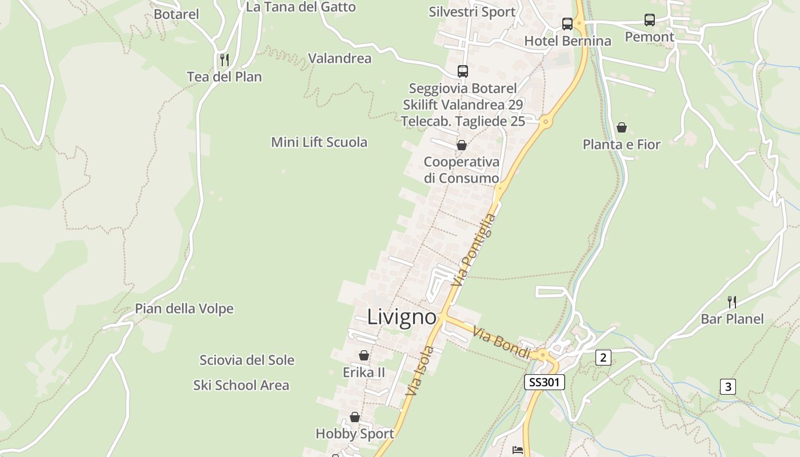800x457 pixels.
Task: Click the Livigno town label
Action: point(402,317)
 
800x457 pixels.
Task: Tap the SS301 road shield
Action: point(544,382)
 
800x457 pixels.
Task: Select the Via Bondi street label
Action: point(502,343)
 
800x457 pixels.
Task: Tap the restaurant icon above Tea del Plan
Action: point(225,59)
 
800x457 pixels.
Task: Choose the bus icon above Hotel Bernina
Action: point(567,24)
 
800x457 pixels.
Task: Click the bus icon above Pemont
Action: point(650,20)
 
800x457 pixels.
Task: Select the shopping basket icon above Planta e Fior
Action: point(622,127)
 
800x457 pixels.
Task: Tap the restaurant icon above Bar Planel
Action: point(731,302)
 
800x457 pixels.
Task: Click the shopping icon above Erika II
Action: point(363,356)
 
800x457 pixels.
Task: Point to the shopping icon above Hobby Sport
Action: point(355,417)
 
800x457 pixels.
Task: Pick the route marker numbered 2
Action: point(603,358)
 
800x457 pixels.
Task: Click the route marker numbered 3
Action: point(727,387)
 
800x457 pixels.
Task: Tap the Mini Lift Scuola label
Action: point(319,142)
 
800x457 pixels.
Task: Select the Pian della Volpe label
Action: point(184,309)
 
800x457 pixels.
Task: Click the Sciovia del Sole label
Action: point(247,360)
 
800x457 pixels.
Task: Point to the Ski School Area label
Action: point(241,386)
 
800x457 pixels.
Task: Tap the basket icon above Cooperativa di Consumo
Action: point(462,145)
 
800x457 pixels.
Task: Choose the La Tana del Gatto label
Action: point(301,7)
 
